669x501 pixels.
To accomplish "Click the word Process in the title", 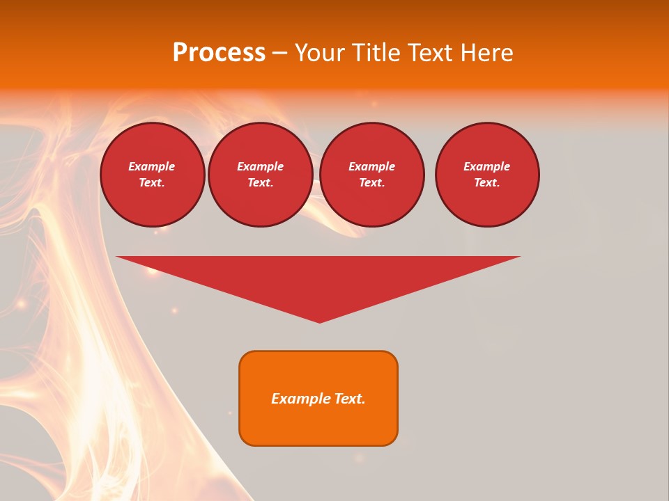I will coord(219,53).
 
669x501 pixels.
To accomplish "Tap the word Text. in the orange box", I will coord(350,399).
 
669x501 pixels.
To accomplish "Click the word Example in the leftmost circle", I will coord(152,166).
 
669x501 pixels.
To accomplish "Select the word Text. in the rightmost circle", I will coord(487,182).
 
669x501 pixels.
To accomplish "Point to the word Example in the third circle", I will coord(372,166).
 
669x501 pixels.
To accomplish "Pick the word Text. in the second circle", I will coord(261,182).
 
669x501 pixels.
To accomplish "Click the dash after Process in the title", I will coord(279,54).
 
